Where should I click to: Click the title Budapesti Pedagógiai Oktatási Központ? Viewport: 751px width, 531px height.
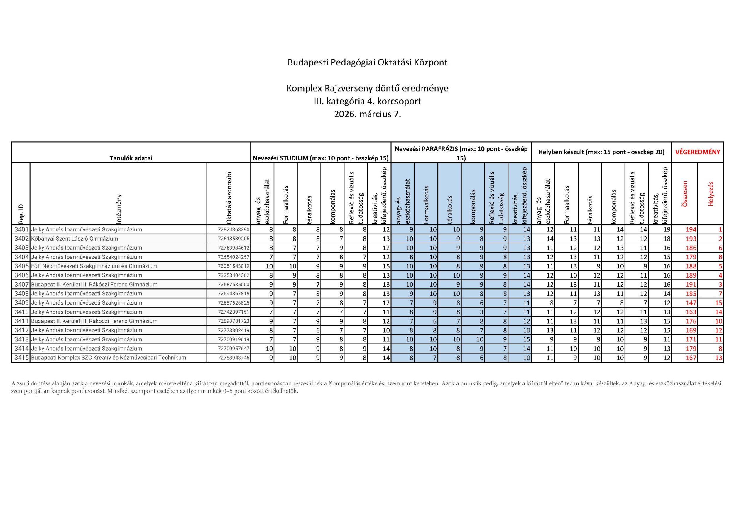367,62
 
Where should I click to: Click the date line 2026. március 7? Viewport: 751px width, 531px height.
367,114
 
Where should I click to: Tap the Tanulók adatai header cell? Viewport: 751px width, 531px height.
131,158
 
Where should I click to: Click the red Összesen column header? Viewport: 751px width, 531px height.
685,193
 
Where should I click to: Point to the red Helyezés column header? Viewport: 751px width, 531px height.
710,193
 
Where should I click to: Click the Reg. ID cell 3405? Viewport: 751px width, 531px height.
21,266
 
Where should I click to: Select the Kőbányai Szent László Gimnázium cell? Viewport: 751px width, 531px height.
75,239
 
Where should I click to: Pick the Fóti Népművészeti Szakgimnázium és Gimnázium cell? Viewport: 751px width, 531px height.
94,266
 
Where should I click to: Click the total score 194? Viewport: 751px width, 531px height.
691,230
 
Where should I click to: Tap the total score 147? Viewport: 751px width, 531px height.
691,303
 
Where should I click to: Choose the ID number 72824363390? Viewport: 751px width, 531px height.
234,230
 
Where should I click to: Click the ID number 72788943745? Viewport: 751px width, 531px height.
234,358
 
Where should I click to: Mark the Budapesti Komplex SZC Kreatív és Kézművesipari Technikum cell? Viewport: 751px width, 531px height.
109,358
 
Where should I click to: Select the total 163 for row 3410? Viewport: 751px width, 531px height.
691,312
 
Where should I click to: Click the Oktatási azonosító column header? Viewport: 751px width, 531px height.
229,198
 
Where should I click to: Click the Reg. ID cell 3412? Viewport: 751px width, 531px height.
21,330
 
